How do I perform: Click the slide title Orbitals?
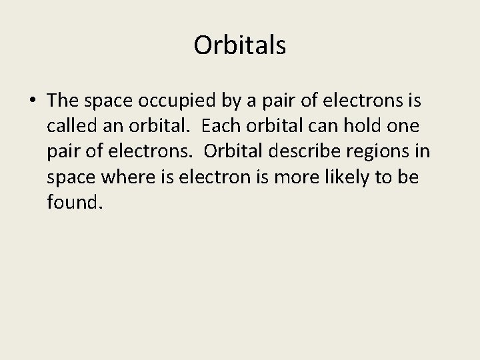240,45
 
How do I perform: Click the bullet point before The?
33,101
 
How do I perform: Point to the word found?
75,202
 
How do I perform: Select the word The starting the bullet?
64,101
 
